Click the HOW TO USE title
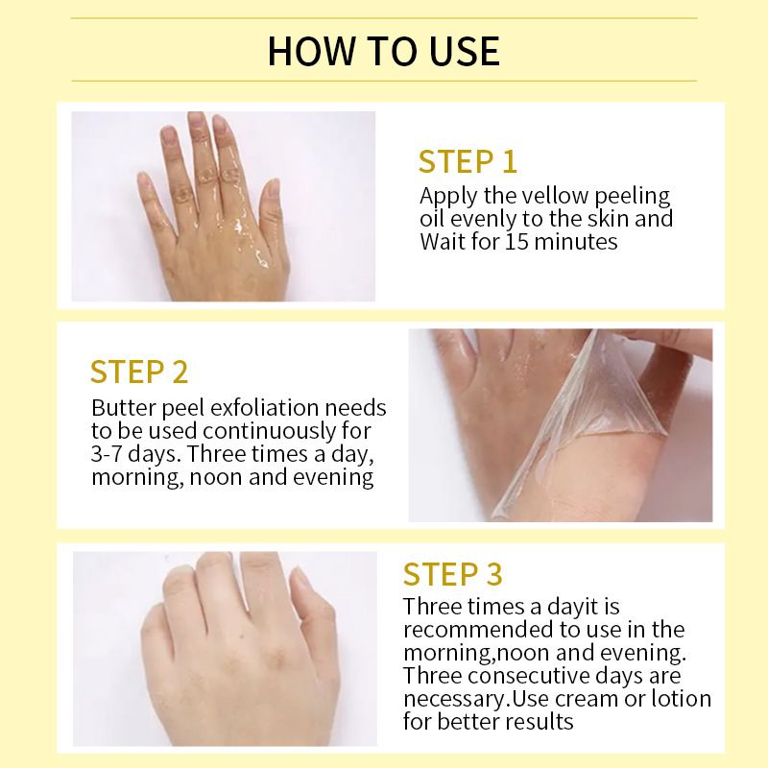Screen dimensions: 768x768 (x=383, y=50)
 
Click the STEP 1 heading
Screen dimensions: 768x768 (x=468, y=160)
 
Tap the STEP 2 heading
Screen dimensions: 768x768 (x=139, y=372)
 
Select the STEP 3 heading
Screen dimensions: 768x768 (x=452, y=574)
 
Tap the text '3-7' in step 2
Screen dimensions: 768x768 (x=110, y=453)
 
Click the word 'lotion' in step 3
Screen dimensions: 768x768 (x=680, y=698)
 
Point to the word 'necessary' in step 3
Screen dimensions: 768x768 (x=453, y=698)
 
